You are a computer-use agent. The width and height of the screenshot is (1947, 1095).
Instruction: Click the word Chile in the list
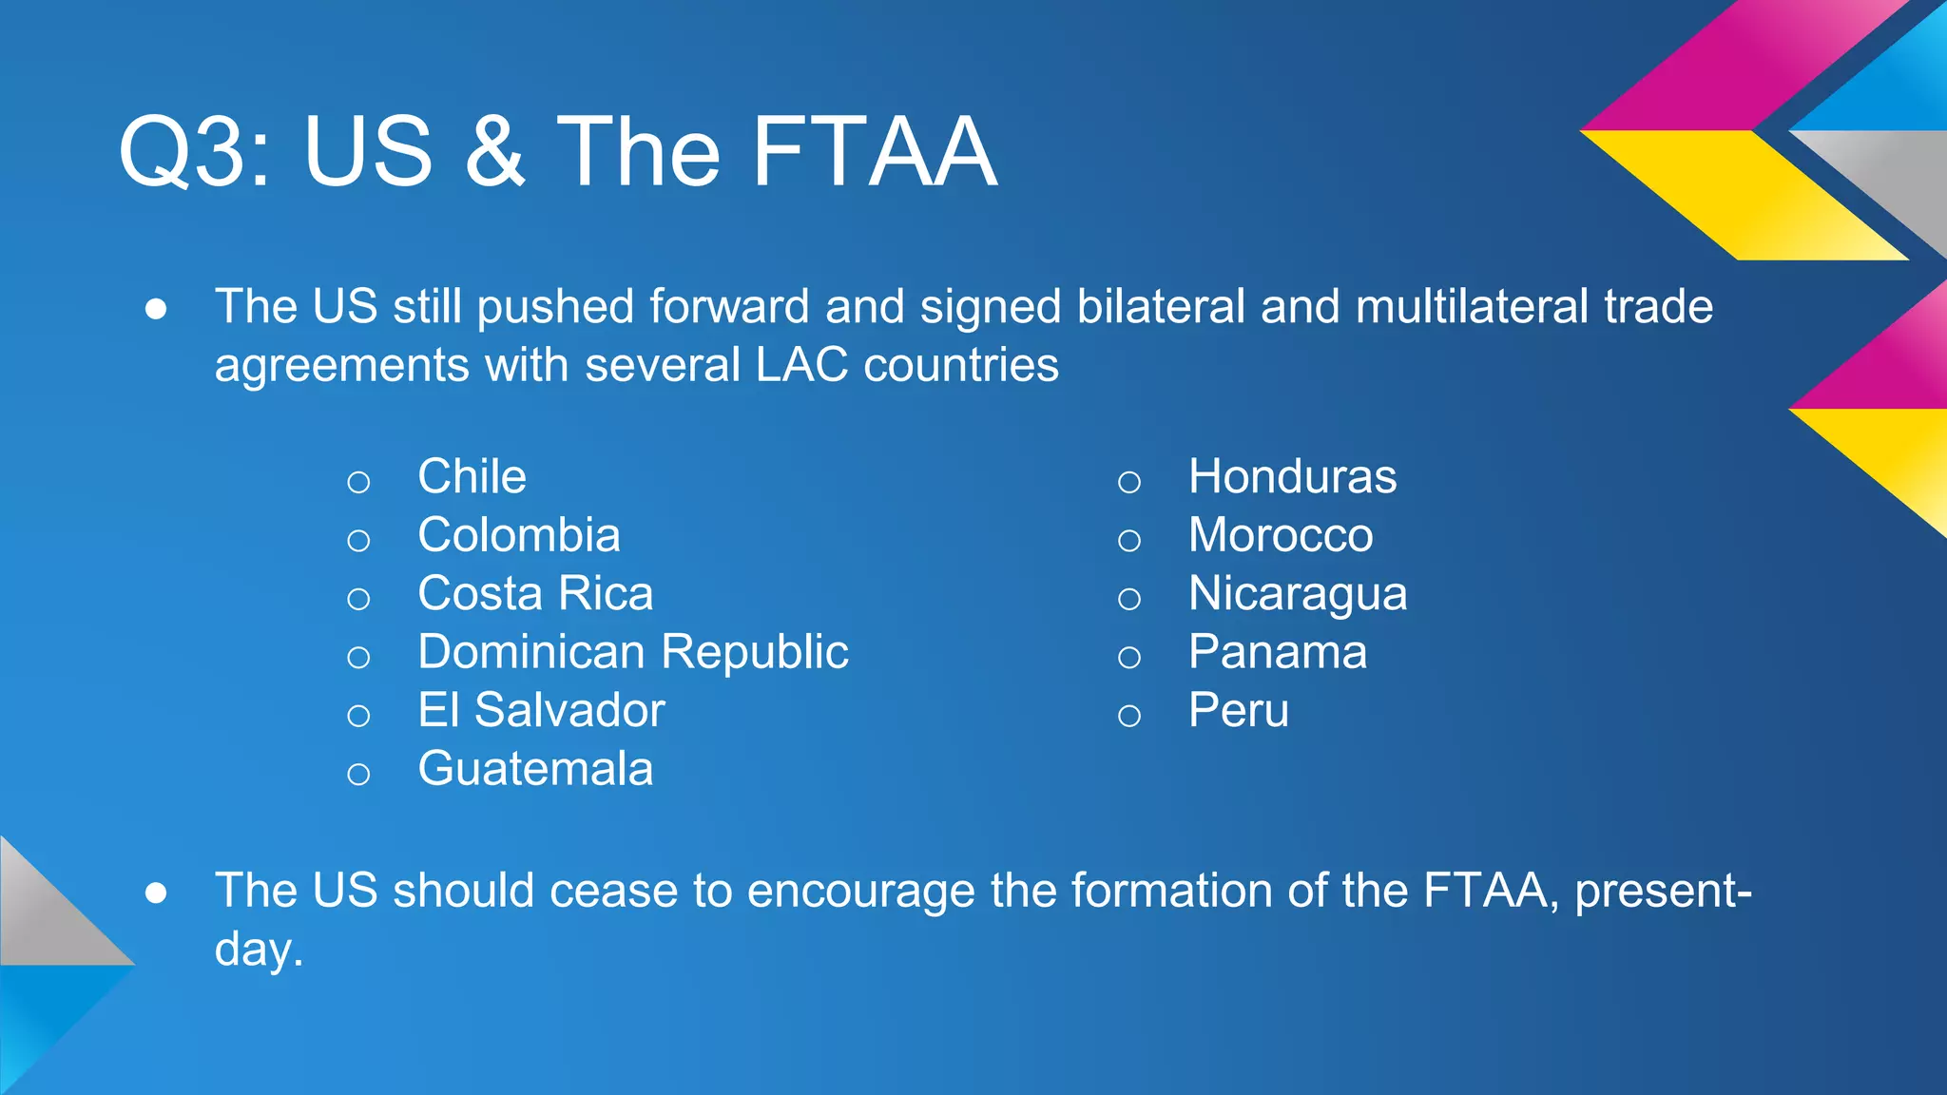(472, 476)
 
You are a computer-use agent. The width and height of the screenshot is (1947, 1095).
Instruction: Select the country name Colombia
(519, 535)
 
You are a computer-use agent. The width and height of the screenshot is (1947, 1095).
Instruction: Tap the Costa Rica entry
(535, 594)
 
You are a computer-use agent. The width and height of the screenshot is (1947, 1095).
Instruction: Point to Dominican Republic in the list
(633, 652)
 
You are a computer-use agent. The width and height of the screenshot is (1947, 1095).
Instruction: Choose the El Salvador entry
(541, 711)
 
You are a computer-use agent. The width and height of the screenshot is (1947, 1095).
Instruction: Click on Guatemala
(535, 769)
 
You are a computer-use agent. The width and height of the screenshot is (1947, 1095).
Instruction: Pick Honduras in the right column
(1292, 476)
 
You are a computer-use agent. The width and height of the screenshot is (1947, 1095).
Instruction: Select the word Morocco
(1281, 535)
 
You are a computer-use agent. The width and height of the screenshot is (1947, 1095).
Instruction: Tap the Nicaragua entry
(1298, 595)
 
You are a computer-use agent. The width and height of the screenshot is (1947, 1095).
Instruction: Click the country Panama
(1278, 652)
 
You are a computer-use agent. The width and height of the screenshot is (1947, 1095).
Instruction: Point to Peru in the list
(1239, 711)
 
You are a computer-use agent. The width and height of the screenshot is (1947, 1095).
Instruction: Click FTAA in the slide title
(874, 152)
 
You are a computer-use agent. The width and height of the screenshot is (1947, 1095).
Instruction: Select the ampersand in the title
(494, 152)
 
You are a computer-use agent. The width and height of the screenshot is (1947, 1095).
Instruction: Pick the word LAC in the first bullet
(800, 365)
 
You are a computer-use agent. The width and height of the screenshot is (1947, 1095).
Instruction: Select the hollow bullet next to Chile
(358, 482)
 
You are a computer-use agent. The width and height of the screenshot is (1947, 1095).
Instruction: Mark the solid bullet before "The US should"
(157, 893)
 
